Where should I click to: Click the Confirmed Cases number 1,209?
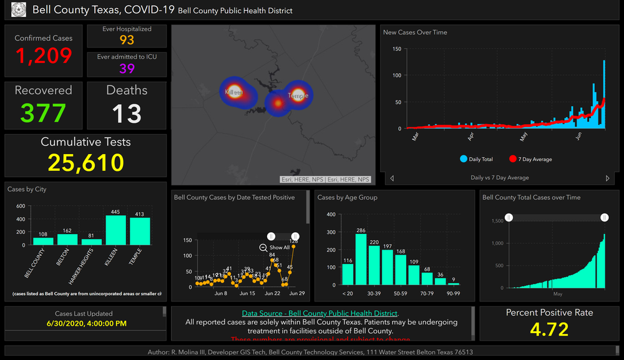tap(44, 56)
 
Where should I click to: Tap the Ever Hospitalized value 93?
tap(127, 40)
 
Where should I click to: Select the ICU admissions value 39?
tap(127, 68)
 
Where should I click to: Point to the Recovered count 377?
tap(43, 113)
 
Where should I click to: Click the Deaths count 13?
tap(127, 114)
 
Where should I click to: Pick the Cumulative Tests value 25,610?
tap(85, 163)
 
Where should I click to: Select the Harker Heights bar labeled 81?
tap(92, 241)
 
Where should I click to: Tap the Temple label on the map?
tap(298, 96)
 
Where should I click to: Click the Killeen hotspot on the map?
tap(233, 91)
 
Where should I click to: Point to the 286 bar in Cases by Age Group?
tap(361, 259)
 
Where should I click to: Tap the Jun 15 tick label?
tap(248, 293)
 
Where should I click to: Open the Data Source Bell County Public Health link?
tap(320, 313)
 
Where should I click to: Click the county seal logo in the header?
tap(19, 10)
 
